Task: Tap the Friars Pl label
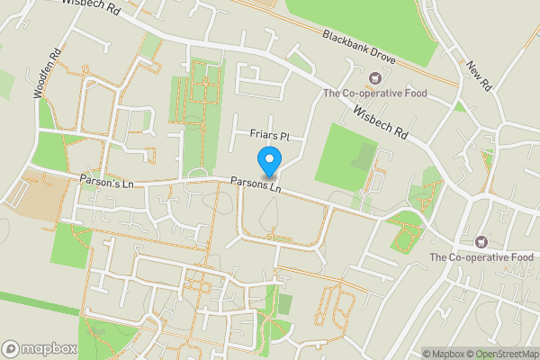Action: click(x=268, y=134)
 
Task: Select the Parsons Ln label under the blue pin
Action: click(x=256, y=187)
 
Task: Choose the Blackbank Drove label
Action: click(x=358, y=49)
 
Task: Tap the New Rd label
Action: click(x=477, y=76)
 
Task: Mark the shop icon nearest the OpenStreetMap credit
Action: click(x=481, y=241)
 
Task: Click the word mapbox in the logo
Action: click(x=49, y=347)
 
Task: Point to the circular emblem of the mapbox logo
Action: click(x=12, y=347)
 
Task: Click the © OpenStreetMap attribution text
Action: click(x=501, y=354)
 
